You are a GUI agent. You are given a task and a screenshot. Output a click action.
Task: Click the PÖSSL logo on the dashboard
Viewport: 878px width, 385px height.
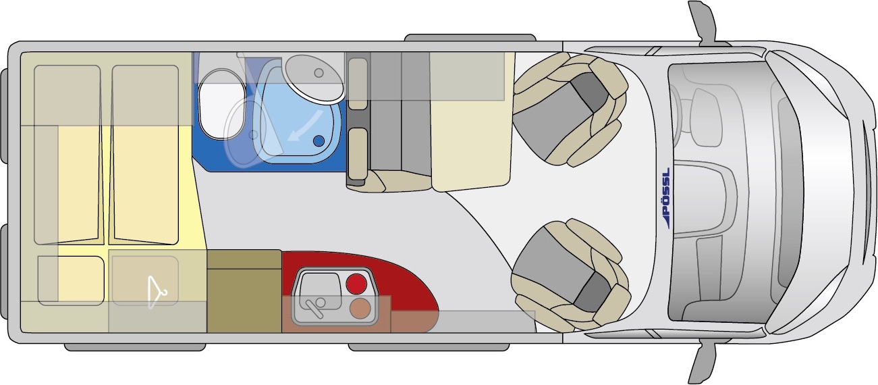pos(665,198)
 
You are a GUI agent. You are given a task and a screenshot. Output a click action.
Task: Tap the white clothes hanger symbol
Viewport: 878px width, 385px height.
pos(156,292)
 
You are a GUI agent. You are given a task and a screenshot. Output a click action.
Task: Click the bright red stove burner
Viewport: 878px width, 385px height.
pos(357,284)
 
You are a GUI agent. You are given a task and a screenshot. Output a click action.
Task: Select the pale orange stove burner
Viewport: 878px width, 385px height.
pos(360,309)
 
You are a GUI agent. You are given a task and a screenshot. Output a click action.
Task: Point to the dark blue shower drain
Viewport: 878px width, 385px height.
pos(319,140)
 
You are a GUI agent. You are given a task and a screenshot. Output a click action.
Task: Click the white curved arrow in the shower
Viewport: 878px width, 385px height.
pos(306,126)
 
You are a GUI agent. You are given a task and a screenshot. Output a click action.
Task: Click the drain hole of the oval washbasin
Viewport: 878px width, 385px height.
pos(319,72)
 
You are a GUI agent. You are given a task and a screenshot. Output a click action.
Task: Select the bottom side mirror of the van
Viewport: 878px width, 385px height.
pos(704,363)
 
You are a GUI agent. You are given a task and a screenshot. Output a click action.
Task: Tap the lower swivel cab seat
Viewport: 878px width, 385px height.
pos(570,275)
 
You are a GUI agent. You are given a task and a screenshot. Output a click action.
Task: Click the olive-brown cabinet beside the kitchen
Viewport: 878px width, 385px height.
pos(244,291)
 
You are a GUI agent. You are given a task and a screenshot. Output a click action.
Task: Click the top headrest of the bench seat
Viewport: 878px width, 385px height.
pos(358,83)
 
